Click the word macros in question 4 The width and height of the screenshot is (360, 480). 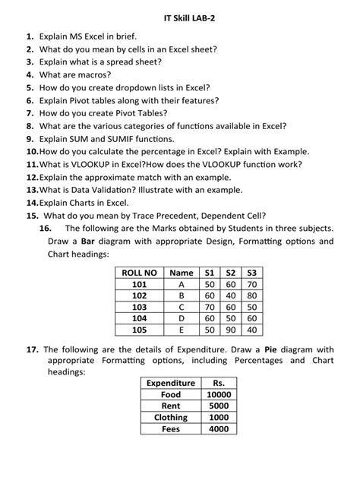94,74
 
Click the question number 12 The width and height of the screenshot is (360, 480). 31,176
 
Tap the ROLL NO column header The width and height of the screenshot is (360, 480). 139,273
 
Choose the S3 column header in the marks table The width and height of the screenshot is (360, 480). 252,273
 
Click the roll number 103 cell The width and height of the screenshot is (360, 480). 139,308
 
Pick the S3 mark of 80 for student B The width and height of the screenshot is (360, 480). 252,296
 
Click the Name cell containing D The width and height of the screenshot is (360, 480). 182,319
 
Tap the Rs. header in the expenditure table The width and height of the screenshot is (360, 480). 219,384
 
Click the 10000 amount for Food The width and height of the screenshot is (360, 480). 219,395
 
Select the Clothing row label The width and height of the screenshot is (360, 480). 171,417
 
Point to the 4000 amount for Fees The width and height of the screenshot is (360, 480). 219,428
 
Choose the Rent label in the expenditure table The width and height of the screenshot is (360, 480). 171,406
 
